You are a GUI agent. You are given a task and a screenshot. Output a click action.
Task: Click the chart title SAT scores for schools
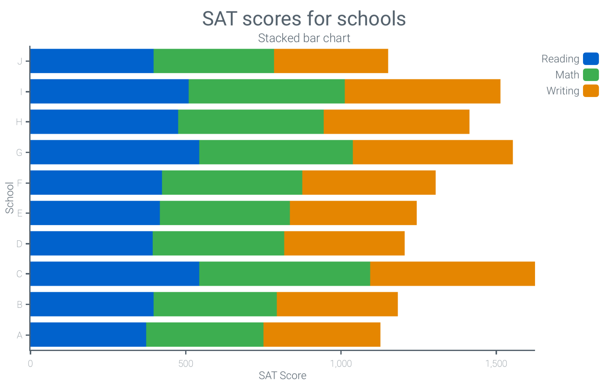click(304, 19)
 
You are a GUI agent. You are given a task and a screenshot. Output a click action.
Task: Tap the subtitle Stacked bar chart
click(304, 38)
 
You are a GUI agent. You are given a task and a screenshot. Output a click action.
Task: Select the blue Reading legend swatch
click(591, 59)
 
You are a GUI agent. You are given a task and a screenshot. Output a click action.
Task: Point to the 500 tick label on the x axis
click(186, 363)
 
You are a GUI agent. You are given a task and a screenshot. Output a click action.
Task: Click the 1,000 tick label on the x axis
click(341, 363)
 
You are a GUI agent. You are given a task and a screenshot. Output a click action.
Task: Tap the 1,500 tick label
click(496, 363)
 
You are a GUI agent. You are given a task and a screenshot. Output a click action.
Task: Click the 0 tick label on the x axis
click(30, 363)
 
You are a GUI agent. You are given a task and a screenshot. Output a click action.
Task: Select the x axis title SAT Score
click(282, 375)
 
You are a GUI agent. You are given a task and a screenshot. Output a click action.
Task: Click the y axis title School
click(9, 198)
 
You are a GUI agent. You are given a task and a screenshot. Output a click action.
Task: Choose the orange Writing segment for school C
click(452, 274)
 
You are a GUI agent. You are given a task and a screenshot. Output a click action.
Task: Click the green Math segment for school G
click(276, 152)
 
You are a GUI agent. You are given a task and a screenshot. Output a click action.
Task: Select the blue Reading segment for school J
click(92, 61)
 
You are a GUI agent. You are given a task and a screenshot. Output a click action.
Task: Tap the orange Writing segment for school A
click(322, 334)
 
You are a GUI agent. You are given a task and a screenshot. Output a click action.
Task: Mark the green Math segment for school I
click(267, 91)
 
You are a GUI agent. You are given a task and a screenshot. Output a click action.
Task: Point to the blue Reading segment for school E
click(95, 213)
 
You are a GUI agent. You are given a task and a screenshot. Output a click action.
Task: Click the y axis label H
click(19, 122)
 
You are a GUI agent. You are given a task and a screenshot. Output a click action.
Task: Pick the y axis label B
click(19, 304)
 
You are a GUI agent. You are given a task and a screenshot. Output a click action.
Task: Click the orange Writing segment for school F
click(369, 182)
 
